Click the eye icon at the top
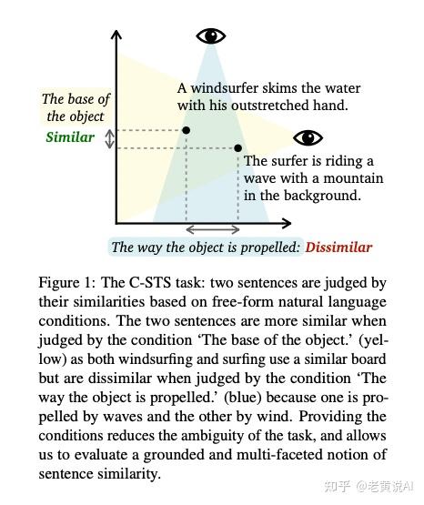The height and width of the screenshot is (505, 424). click(x=211, y=36)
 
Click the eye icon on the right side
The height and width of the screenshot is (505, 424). click(x=308, y=138)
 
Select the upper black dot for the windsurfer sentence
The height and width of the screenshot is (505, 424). click(x=187, y=131)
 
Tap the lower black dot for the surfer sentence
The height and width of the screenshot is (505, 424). click(x=238, y=147)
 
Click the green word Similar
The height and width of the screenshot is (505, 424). click(x=70, y=137)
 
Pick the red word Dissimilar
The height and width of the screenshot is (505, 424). click(x=338, y=247)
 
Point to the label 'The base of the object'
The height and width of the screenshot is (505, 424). click(x=76, y=107)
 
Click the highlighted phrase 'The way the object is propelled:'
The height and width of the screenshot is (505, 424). click(x=206, y=247)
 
